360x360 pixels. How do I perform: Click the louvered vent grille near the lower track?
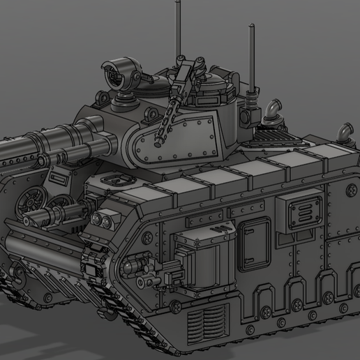207,324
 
